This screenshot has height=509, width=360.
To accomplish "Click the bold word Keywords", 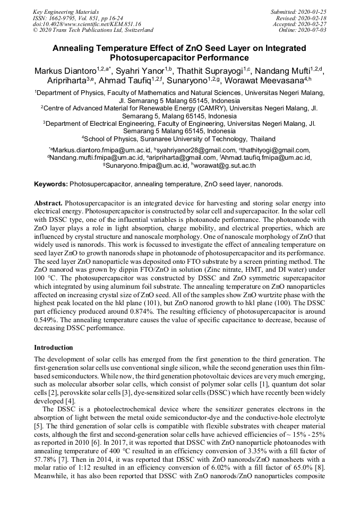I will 50,185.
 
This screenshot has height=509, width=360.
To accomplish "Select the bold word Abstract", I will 48,203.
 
